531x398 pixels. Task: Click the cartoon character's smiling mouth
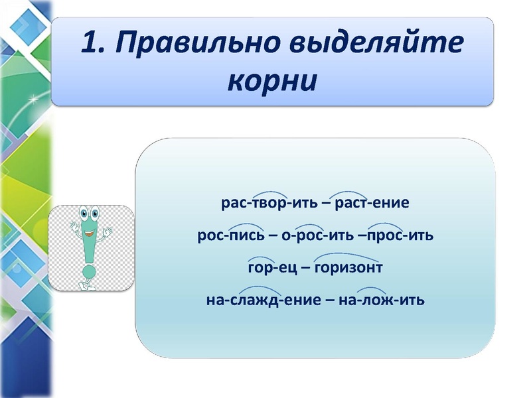(88, 232)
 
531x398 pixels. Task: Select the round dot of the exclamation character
(87, 271)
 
